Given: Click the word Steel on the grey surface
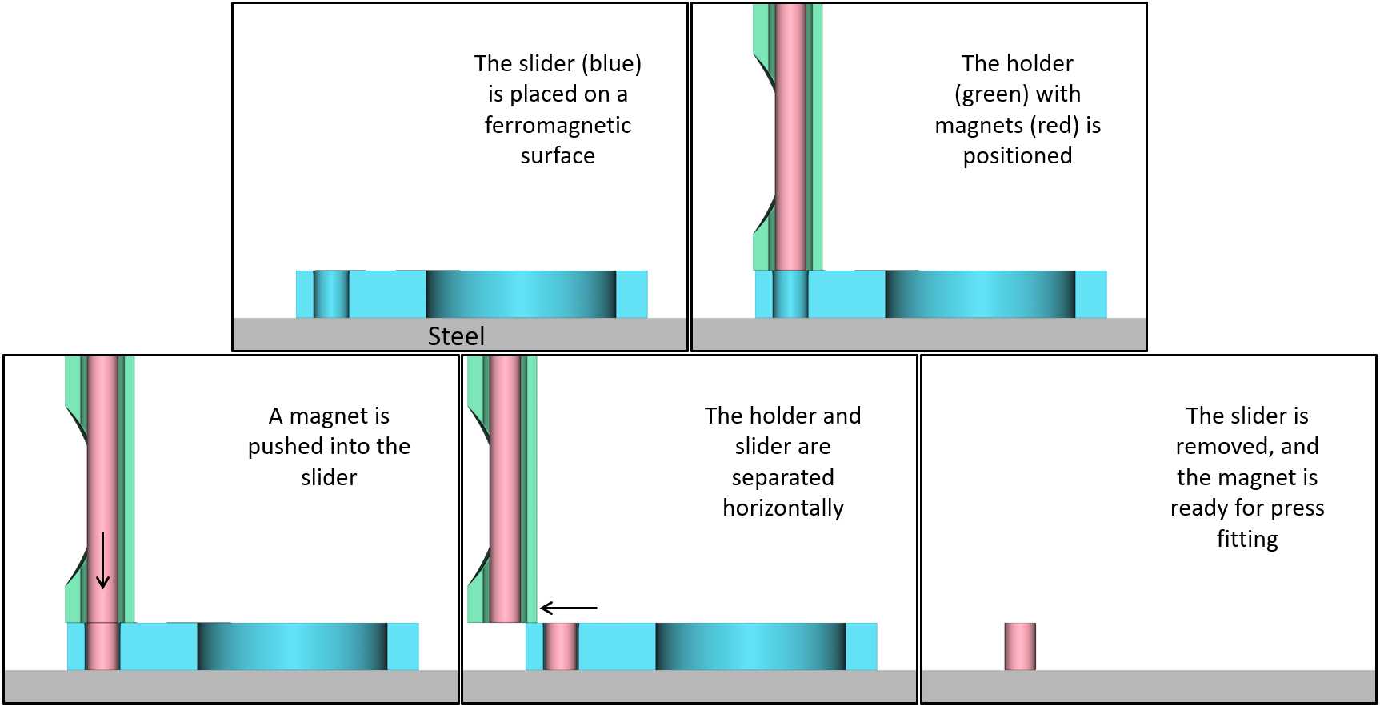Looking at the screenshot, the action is click(456, 335).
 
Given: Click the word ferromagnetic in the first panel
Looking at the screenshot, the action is click(558, 125).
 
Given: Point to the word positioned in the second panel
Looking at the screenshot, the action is click(1018, 155).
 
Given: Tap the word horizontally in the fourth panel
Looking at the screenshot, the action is click(783, 508).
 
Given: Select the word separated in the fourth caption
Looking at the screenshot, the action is click(783, 477).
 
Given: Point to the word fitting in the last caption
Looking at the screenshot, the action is click(1247, 539).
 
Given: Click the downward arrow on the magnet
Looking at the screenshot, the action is click(102, 560).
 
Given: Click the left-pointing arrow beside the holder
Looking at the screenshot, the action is click(569, 609).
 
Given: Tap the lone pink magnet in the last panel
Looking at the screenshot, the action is click(1020, 646).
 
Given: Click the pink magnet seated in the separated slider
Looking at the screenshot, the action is click(561, 646).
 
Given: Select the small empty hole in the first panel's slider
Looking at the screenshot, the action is click(331, 294).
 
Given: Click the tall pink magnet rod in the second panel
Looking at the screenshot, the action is click(790, 136).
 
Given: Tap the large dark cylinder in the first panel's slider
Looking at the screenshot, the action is click(521, 294).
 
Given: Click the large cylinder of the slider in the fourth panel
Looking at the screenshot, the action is click(750, 646).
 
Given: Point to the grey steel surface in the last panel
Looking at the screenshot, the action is click(1149, 686).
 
